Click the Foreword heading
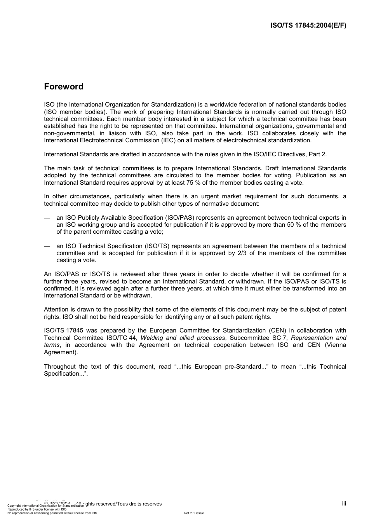(x=64, y=87)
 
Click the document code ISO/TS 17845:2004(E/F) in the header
(x=308, y=26)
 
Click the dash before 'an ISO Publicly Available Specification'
(x=47, y=218)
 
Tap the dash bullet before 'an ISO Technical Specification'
(x=47, y=246)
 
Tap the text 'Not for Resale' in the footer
(x=194, y=513)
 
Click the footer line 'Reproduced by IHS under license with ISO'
(x=37, y=509)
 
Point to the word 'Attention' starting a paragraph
(x=56, y=310)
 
